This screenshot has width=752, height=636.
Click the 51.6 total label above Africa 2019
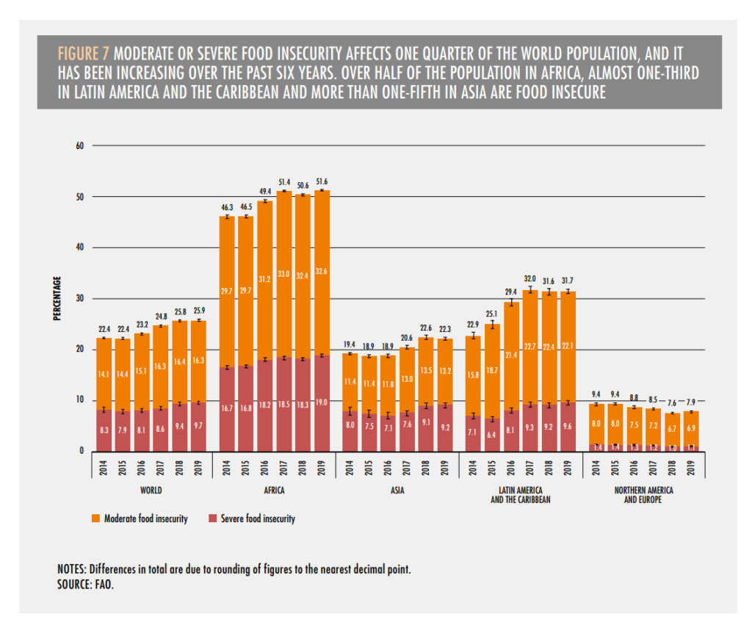pyautogui.click(x=320, y=182)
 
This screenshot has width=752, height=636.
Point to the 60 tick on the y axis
pyautogui.click(x=80, y=145)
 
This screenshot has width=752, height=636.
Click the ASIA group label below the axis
pyautogui.click(x=397, y=489)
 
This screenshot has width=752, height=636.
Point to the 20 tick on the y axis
pyautogui.click(x=80, y=350)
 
